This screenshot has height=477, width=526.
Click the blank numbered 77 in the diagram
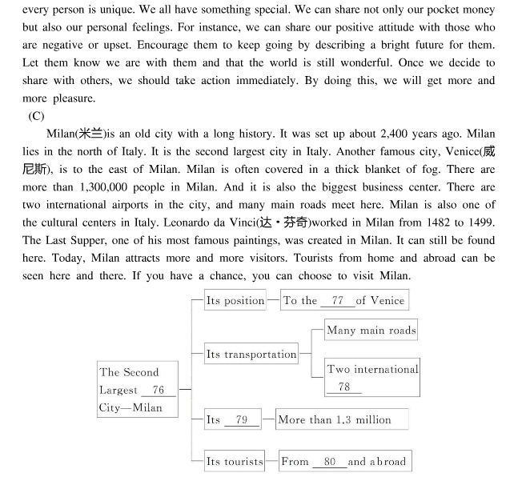tap(337, 301)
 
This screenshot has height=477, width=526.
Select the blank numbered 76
tap(158, 391)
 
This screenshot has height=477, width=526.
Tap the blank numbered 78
tap(344, 387)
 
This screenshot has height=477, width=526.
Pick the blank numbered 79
tap(241, 419)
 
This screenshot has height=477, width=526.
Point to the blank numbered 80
tap(329, 461)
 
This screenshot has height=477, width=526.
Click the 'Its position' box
tap(235, 301)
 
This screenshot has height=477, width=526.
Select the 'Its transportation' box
tap(251, 355)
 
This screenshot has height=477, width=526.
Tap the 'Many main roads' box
tap(371, 330)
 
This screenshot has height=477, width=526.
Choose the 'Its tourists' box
tap(234, 461)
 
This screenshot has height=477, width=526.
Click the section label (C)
tap(37, 116)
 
